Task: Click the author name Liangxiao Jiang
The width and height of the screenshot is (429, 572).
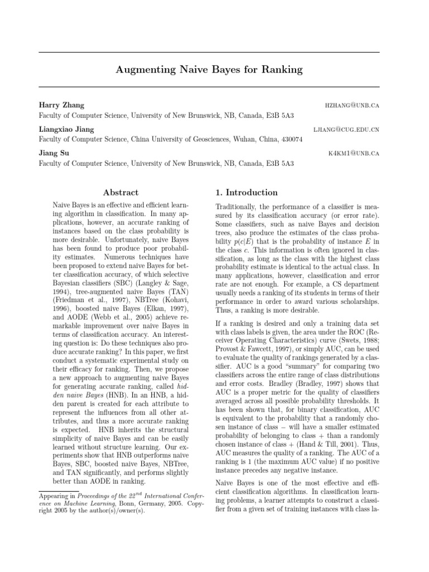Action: click(x=66, y=130)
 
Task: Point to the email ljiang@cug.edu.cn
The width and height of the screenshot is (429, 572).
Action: click(x=347, y=130)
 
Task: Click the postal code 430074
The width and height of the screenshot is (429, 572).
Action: click(x=291, y=140)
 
